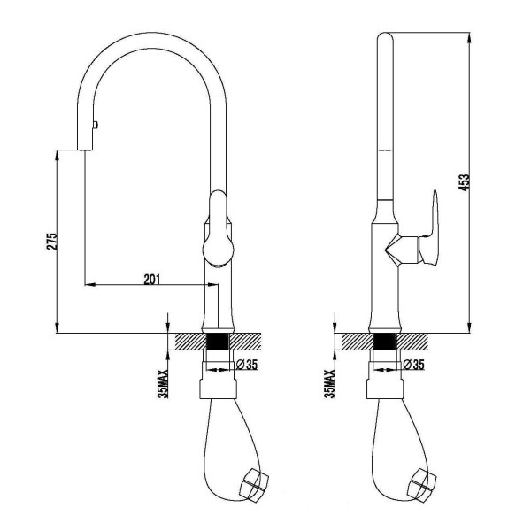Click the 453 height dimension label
pyautogui.click(x=466, y=182)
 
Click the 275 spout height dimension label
pyautogui.click(x=52, y=241)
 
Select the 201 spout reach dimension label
pyautogui.click(x=151, y=280)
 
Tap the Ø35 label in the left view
pyautogui.click(x=247, y=365)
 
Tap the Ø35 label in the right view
pyautogui.click(x=413, y=365)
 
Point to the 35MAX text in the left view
pyautogui.click(x=163, y=384)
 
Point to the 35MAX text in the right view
pyautogui.click(x=329, y=384)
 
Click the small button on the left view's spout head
pyautogui.click(x=96, y=125)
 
